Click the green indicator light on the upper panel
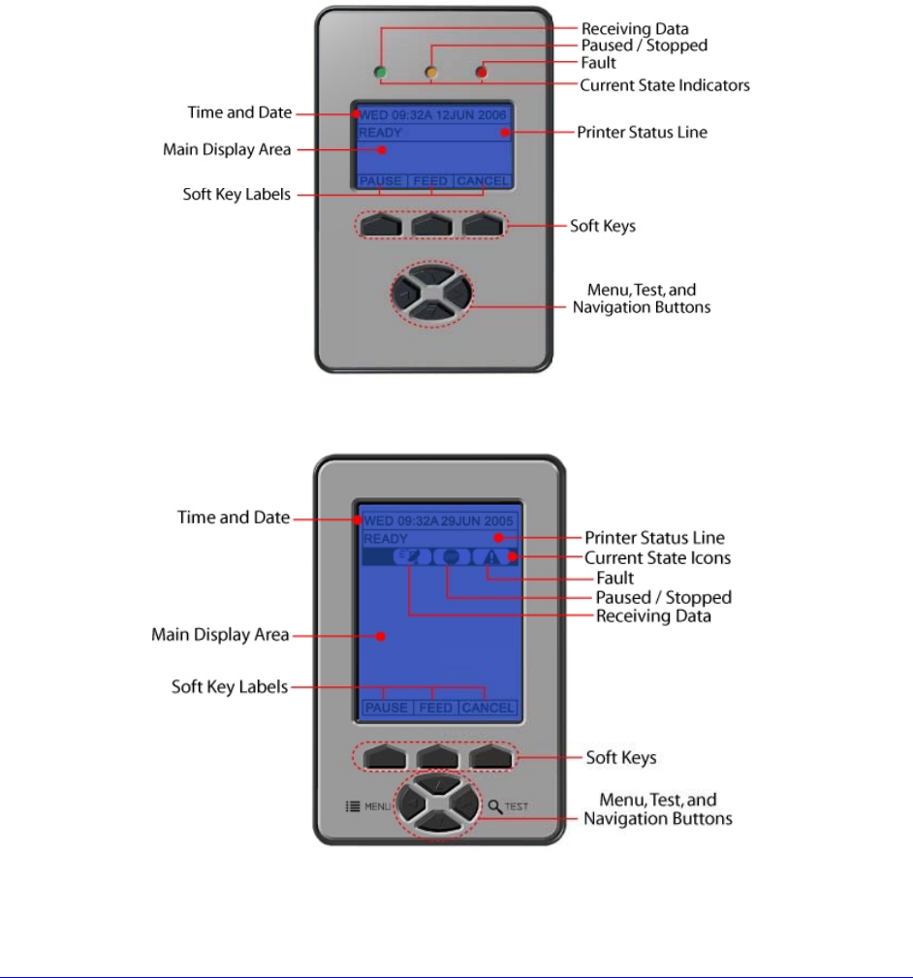click(381, 72)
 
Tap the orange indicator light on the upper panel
click(430, 72)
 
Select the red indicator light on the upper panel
click(480, 72)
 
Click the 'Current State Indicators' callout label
click(664, 85)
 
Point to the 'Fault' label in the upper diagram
click(597, 64)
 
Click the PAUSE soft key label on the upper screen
click(381, 181)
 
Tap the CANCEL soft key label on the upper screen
click(482, 181)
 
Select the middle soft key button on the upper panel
click(432, 225)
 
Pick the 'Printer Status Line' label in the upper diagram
click(642, 132)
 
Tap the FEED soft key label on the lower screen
click(435, 709)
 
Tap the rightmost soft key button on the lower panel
click(488, 756)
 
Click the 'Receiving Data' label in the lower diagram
click(653, 616)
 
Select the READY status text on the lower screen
click(386, 539)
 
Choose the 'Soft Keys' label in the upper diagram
click(602, 226)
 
